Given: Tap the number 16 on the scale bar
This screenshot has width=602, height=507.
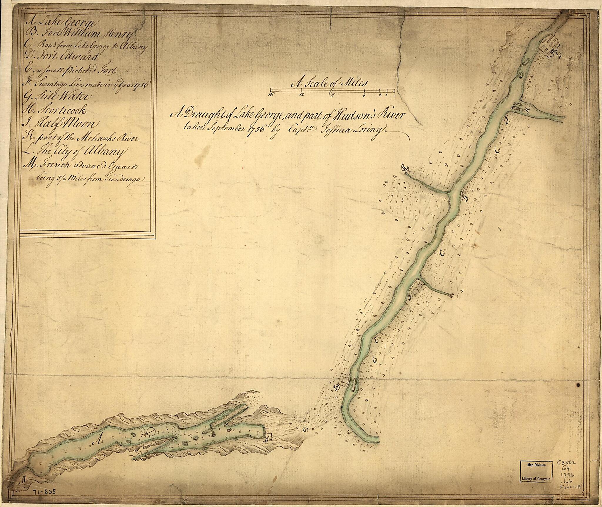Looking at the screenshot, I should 271,94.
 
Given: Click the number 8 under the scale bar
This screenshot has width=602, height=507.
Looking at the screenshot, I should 332,94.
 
